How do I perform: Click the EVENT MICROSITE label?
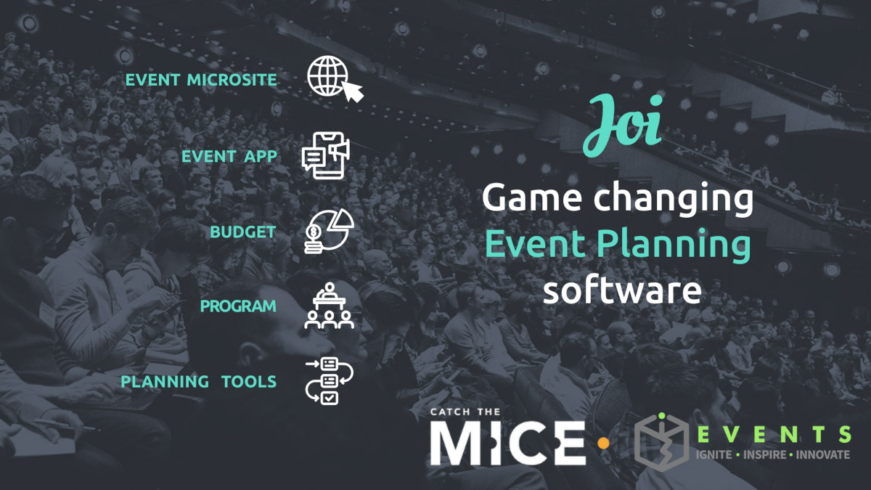click(201, 80)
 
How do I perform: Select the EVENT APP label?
click(229, 156)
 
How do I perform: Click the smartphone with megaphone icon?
click(326, 155)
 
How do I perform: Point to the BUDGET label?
click(243, 232)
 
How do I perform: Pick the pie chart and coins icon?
click(329, 231)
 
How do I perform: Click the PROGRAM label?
click(238, 306)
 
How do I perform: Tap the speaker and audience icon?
click(329, 306)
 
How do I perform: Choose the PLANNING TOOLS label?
click(198, 382)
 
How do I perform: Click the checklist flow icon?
click(329, 381)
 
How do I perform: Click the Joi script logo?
click(623, 125)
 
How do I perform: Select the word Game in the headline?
click(532, 197)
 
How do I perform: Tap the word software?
click(622, 290)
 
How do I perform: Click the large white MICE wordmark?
click(508, 443)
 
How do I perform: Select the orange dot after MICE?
click(603, 444)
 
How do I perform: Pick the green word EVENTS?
click(774, 434)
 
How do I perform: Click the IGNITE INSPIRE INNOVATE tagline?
click(772, 454)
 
